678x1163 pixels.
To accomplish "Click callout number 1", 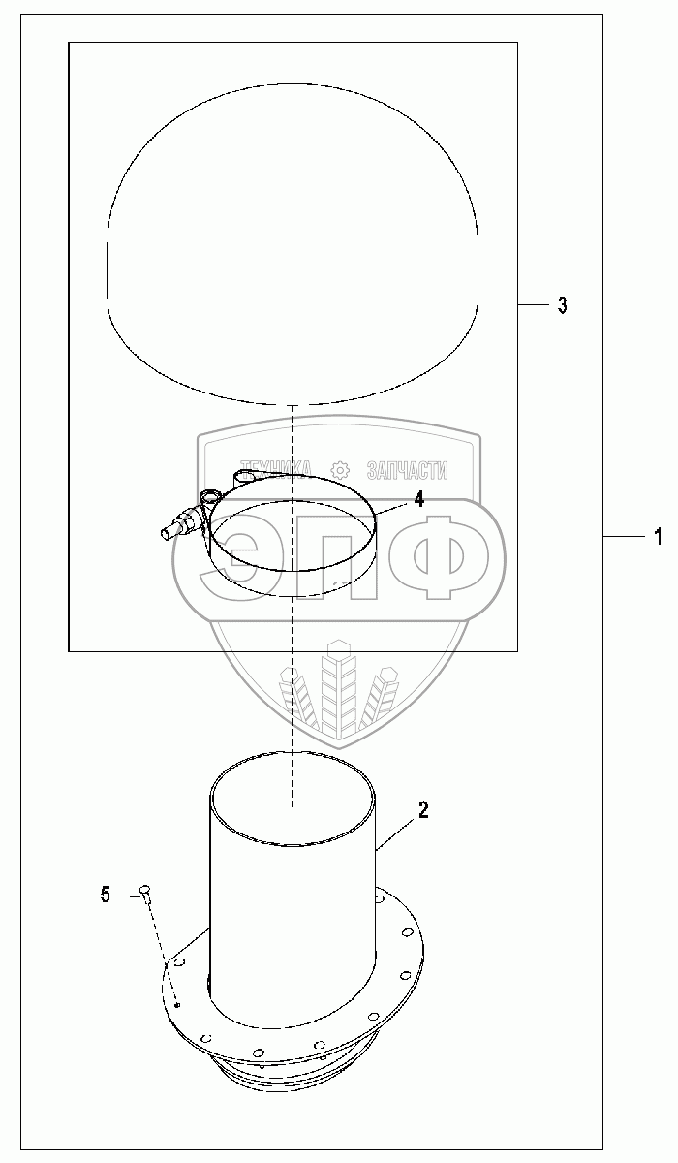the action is (x=659, y=536).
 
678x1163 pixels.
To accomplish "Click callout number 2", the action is (x=423, y=810).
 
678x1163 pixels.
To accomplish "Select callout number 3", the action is (x=563, y=305).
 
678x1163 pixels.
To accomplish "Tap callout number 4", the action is (x=418, y=499).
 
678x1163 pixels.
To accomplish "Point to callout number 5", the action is (x=106, y=895).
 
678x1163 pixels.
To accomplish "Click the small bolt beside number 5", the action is (x=144, y=891).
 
